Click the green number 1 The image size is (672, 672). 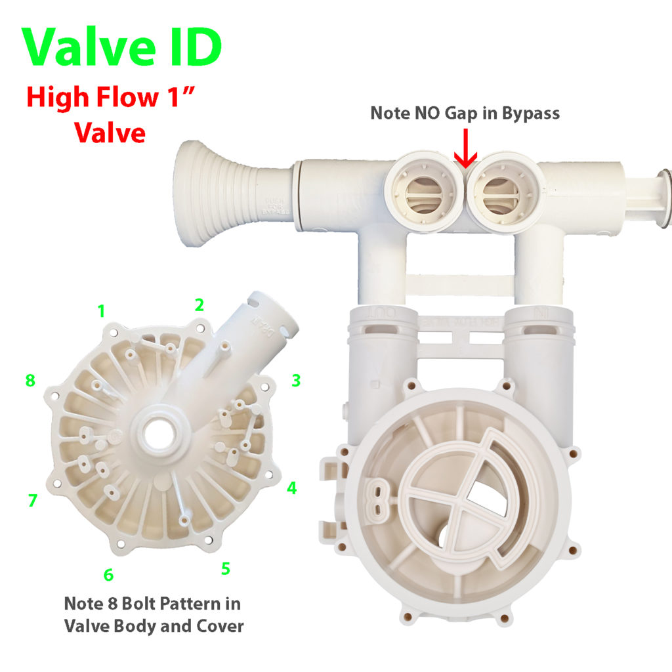click(101, 311)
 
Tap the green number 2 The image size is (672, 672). click(199, 304)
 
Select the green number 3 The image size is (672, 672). click(296, 380)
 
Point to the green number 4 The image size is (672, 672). click(292, 488)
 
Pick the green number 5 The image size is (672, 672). click(225, 568)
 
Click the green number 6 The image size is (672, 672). click(108, 575)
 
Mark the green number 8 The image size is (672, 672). click(30, 381)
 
